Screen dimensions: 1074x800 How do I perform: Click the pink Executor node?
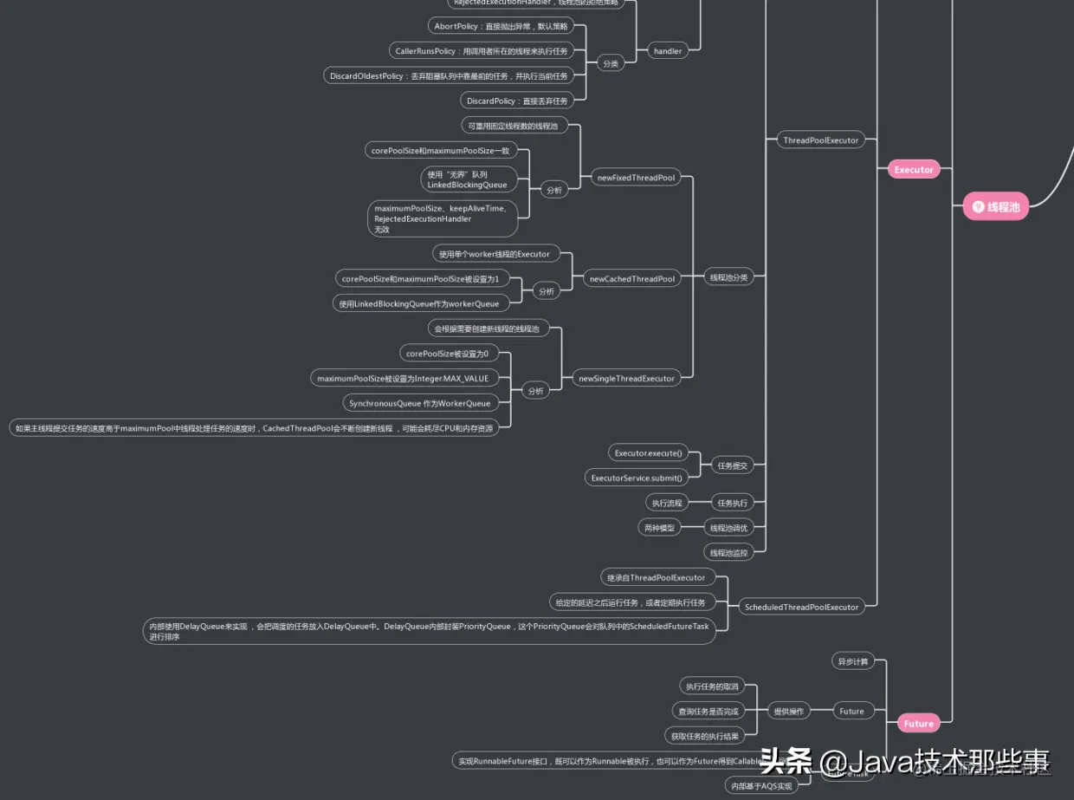pos(914,170)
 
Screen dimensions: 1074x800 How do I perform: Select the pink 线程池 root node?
pos(996,207)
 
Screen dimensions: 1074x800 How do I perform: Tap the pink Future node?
pos(918,724)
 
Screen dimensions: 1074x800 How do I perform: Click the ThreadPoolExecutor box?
pos(820,140)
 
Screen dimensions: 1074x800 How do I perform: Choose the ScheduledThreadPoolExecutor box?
pos(801,607)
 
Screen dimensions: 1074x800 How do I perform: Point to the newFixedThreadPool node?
pos(636,178)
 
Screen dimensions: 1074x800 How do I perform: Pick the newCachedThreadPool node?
pos(632,279)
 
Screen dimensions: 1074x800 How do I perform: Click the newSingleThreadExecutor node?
pos(626,378)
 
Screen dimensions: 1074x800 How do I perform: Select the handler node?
pos(667,51)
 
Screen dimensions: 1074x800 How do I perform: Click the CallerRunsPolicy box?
pos(482,51)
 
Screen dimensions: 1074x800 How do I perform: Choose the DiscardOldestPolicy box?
pos(449,76)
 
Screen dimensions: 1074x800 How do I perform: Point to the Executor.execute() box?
pos(648,452)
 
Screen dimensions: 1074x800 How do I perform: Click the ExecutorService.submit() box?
pos(636,478)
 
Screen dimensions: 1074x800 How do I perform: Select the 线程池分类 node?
pos(728,277)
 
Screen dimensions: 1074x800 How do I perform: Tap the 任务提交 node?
pos(731,465)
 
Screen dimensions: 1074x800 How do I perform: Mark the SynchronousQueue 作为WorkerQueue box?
pos(419,403)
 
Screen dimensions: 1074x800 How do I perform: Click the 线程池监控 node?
pos(728,552)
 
